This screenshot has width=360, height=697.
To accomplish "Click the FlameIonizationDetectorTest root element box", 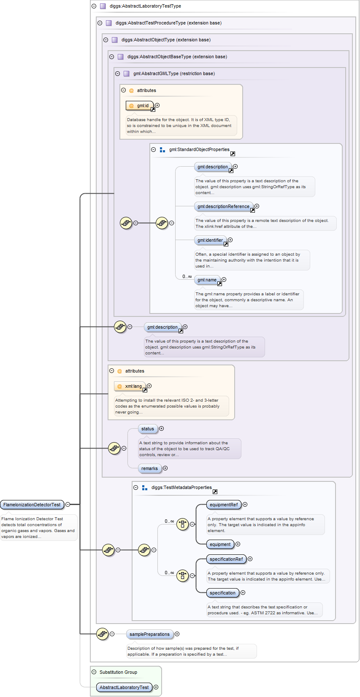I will pos(32,505).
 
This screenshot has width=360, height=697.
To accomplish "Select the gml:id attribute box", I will pos(140,105).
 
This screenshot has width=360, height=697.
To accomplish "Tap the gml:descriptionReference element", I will pos(223,206).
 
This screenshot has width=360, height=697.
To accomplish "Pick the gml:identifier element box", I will pos(210,240).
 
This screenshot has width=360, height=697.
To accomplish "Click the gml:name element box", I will pos(207,280).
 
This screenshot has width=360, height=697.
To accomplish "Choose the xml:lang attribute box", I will pos(130,386).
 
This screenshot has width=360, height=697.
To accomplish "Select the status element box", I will pos(148,429).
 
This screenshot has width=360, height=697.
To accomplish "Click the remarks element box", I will pos(149,468).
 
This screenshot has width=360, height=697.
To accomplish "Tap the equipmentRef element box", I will pos(223,505).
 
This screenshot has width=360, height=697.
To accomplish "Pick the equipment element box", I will pos(220,544).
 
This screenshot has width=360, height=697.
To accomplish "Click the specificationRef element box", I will pos(226,559).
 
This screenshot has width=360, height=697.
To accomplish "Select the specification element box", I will pos(222,593).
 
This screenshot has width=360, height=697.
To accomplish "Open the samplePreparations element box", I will pos(149,634).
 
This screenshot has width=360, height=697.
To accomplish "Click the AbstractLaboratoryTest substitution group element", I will pos(124,687).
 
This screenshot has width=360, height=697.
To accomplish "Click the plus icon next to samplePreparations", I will pos(177,634).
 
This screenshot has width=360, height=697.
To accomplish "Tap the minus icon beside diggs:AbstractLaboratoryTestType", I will pos(94,6).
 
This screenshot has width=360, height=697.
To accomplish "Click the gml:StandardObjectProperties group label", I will pos(199,149).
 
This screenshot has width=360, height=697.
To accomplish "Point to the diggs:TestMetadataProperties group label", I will pos(181,487).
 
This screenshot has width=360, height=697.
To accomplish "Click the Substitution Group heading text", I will pos(118,672).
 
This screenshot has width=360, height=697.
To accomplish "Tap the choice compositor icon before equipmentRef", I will pos(182,524).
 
